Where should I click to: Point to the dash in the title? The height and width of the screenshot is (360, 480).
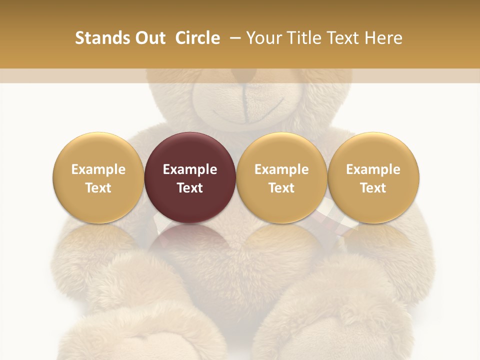233,38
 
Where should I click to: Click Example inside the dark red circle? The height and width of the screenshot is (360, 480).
190,169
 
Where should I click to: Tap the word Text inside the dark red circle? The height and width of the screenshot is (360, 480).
190,188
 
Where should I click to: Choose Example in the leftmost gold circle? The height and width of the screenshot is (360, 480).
98,169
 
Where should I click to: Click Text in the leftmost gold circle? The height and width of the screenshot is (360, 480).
98,188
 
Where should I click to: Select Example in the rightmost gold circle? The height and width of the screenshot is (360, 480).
373,169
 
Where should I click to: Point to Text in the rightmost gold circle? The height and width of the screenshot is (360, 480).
373,188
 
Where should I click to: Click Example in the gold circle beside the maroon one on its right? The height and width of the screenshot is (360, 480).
281,169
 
